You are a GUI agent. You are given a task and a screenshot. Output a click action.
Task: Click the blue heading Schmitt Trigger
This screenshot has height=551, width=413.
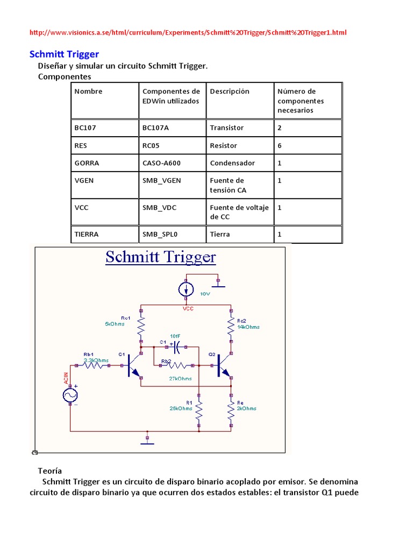tap(63, 54)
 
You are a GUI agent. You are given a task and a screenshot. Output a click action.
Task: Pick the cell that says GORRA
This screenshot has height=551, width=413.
tap(87, 163)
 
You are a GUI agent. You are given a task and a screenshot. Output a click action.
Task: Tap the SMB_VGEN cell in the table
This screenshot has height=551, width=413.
tap(161, 181)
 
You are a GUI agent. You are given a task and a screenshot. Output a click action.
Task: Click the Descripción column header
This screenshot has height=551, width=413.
tap(230, 91)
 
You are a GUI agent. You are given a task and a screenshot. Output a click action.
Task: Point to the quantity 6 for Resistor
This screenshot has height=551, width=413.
tap(280, 146)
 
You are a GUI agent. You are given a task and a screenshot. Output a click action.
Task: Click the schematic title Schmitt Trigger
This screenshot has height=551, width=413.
tap(160, 257)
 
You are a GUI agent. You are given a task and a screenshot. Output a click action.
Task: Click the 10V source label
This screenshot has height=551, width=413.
tap(205, 294)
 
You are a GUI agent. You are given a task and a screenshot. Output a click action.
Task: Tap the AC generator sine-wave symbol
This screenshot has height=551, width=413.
tap(70, 395)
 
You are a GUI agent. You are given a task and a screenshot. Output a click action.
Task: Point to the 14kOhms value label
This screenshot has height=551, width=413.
tap(248, 327)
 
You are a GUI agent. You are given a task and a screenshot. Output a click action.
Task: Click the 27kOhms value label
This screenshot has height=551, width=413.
tap(181, 379)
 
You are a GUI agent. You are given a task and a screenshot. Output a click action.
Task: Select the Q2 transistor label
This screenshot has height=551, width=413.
tap(211, 355)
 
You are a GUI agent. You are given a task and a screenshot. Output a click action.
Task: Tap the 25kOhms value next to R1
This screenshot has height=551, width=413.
tap(181, 408)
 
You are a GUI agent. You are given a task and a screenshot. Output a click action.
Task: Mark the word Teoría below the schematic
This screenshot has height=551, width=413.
tap(50, 470)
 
